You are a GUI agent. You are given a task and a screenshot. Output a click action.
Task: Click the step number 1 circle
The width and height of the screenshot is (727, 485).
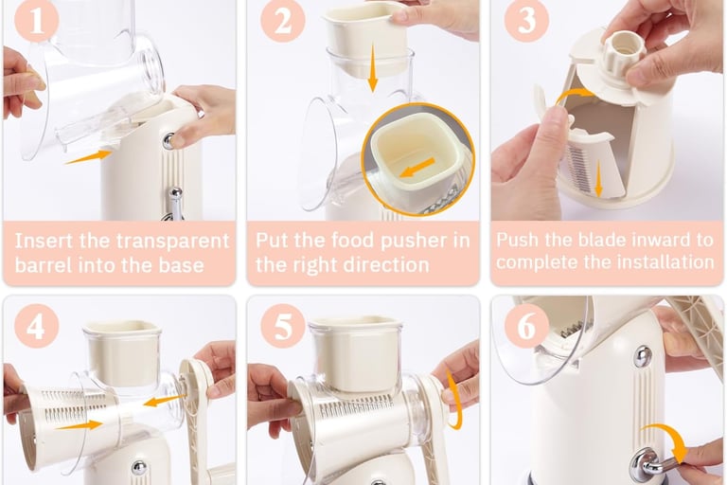[36, 20]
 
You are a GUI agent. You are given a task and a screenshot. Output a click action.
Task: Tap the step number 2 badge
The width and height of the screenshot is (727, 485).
[282, 20]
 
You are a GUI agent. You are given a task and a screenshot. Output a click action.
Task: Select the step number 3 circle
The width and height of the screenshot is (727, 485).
[526, 20]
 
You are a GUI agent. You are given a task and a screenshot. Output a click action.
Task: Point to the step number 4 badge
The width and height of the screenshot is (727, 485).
[36, 326]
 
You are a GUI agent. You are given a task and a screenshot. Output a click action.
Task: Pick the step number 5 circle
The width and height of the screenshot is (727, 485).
[282, 326]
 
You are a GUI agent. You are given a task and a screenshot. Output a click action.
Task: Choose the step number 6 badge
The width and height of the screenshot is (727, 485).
[526, 326]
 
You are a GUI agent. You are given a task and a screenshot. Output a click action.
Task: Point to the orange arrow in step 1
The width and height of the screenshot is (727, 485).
[88, 156]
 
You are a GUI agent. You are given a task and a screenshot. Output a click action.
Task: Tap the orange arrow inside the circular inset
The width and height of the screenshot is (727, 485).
[417, 167]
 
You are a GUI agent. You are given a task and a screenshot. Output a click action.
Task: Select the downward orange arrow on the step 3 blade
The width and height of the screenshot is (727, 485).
[598, 179]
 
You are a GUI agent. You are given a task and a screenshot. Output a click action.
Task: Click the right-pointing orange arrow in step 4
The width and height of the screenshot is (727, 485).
[79, 424]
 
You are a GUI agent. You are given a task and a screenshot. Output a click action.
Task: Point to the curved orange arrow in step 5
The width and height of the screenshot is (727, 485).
[455, 399]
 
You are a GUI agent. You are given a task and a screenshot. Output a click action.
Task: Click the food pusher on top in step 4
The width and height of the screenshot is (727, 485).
[123, 354]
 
